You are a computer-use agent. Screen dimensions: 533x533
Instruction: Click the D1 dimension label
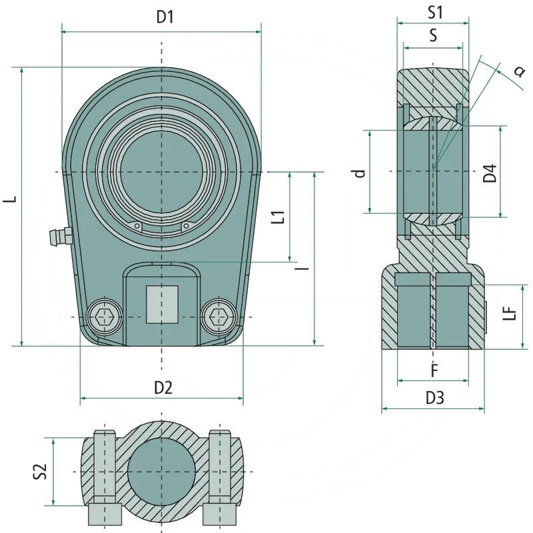(x=165, y=18)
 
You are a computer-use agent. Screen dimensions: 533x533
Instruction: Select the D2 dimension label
(x=163, y=388)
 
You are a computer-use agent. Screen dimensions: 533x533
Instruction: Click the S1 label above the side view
(x=435, y=11)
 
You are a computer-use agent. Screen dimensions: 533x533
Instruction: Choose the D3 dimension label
(x=434, y=398)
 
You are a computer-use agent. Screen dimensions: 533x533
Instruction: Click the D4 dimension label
(x=490, y=173)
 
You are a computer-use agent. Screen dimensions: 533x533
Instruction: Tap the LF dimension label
(x=510, y=313)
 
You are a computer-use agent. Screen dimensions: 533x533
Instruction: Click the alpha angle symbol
(x=518, y=72)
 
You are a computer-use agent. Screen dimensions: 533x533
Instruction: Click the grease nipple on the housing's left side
(x=59, y=235)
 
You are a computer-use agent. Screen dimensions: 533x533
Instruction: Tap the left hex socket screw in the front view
(x=105, y=317)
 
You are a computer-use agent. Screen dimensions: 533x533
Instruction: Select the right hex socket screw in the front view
(x=218, y=317)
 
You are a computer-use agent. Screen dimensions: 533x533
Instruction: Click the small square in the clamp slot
(x=162, y=304)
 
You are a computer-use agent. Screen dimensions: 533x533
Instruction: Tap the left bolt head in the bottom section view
(x=105, y=514)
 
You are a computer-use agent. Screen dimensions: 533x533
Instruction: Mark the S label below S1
(x=433, y=37)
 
